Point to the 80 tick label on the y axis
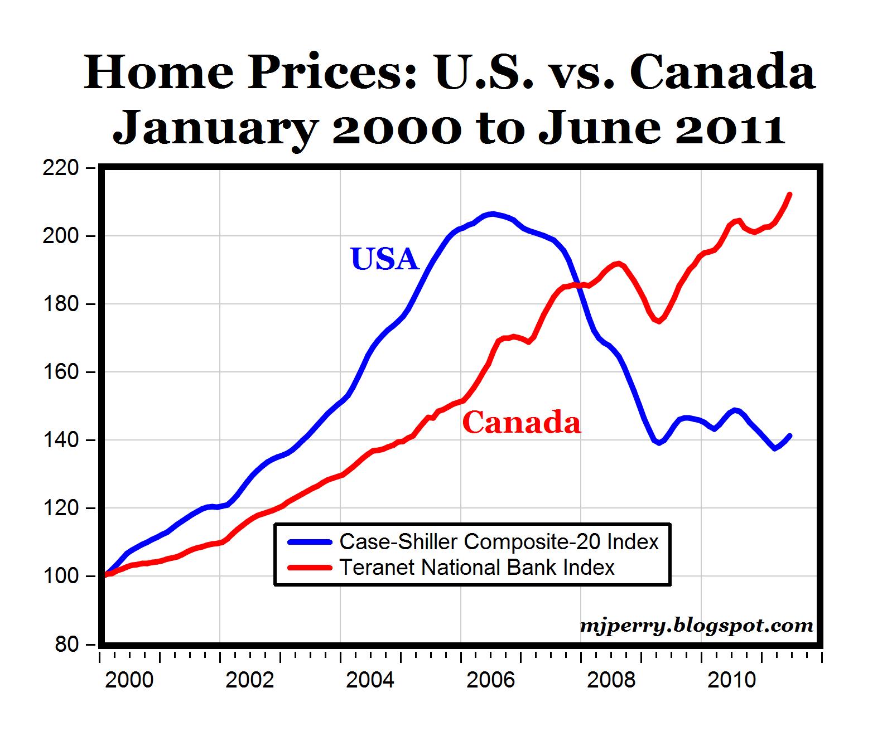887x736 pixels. coord(66,645)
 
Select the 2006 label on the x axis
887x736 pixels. coord(490,680)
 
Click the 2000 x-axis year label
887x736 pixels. coord(129,680)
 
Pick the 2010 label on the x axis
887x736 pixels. coord(731,680)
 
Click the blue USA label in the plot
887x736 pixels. coord(384,259)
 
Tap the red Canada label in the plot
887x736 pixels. coord(522,423)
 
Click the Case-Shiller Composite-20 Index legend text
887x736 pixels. coord(499,541)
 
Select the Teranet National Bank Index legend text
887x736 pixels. coord(477,568)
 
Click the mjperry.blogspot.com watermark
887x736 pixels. coord(696,626)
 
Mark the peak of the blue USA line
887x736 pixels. coord(491,214)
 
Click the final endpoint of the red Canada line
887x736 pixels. coord(790,194)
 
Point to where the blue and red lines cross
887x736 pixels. coord(578,285)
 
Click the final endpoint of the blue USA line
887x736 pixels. coord(790,436)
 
